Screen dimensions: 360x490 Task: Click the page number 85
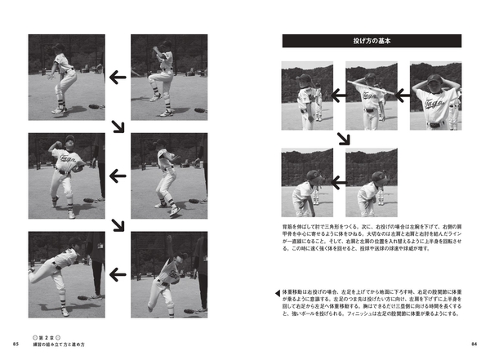(16, 343)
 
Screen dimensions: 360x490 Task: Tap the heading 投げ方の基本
(371, 41)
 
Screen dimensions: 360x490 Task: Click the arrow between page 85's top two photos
(118, 78)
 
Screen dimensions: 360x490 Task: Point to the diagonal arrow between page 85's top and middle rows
(118, 126)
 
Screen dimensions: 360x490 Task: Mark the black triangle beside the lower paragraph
(278, 291)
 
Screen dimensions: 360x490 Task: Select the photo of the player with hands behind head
(435, 96)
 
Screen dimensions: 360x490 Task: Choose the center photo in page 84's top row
(371, 96)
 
